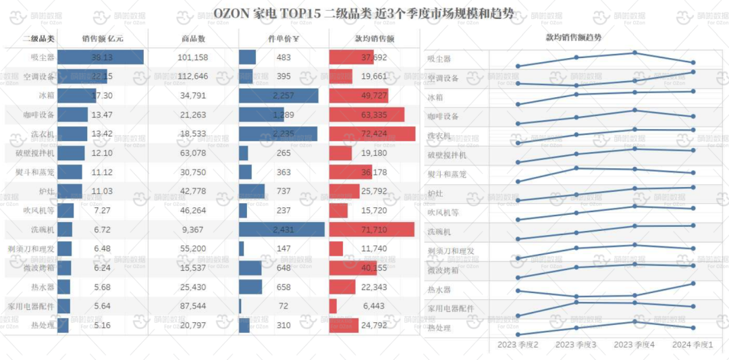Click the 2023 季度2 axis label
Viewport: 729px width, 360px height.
coord(518,344)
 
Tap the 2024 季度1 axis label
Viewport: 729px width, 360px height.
coord(693,344)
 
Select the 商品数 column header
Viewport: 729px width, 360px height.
coord(193,39)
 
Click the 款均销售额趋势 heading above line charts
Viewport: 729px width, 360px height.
coord(573,38)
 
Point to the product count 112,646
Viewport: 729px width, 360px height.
coord(193,76)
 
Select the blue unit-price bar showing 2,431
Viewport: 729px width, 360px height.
coord(281,230)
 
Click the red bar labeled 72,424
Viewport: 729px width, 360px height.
coord(372,134)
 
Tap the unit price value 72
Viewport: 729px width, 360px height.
coord(283,307)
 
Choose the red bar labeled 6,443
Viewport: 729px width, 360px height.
coord(333,307)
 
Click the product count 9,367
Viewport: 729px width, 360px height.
coord(193,230)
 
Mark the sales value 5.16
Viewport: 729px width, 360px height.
coord(102,326)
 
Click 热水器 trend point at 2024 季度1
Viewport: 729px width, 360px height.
coord(693,283)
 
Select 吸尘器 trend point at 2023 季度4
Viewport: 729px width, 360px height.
coord(634,53)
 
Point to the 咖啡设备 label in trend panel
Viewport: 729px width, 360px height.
coord(443,117)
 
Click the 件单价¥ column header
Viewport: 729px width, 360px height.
coord(283,39)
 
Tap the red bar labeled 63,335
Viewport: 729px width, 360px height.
coord(367,115)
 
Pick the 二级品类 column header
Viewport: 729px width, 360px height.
coord(39,39)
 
